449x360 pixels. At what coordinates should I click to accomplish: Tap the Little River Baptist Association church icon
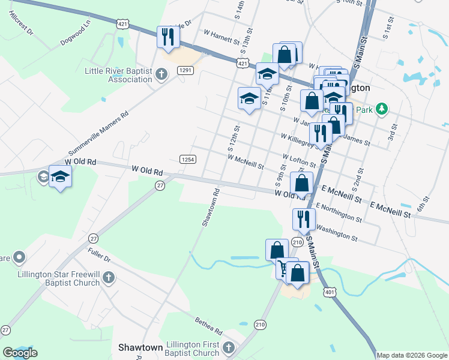click(160, 74)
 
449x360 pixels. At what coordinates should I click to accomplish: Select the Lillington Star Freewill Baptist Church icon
click(108, 277)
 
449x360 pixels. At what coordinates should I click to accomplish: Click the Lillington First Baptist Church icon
click(228, 348)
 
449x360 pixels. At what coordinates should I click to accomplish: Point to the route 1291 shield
click(185, 70)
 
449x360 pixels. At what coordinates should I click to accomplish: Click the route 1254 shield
click(187, 159)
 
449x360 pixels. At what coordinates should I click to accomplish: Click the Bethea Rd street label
click(208, 327)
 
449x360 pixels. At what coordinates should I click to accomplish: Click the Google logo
click(19, 353)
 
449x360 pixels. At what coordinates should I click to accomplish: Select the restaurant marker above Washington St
click(304, 219)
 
